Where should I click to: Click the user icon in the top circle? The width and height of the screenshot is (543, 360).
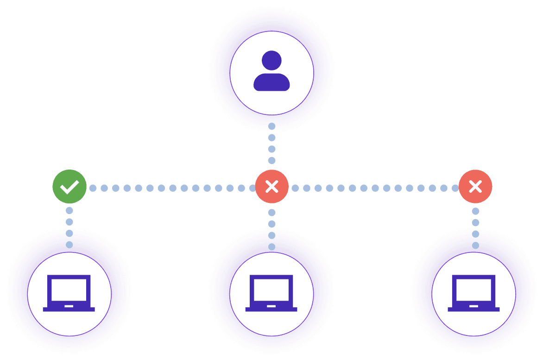[271, 72]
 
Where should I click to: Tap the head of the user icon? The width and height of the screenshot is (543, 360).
[271, 60]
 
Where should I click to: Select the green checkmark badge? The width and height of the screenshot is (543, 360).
[69, 187]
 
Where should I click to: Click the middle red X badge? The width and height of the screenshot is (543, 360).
[272, 187]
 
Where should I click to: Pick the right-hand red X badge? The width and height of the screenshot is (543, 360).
[475, 187]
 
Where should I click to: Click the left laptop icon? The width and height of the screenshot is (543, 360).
[69, 293]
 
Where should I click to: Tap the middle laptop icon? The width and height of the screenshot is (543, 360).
[271, 293]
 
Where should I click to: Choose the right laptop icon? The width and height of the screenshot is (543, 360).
[474, 293]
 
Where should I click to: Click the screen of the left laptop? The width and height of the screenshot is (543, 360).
[69, 290]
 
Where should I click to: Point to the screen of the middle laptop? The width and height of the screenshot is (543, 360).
[271, 290]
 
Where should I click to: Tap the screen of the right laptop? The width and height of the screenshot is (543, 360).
[474, 290]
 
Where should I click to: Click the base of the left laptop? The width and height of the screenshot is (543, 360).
[69, 309]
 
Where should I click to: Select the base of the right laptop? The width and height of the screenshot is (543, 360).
[474, 309]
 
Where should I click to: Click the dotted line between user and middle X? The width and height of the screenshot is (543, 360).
[272, 144]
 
